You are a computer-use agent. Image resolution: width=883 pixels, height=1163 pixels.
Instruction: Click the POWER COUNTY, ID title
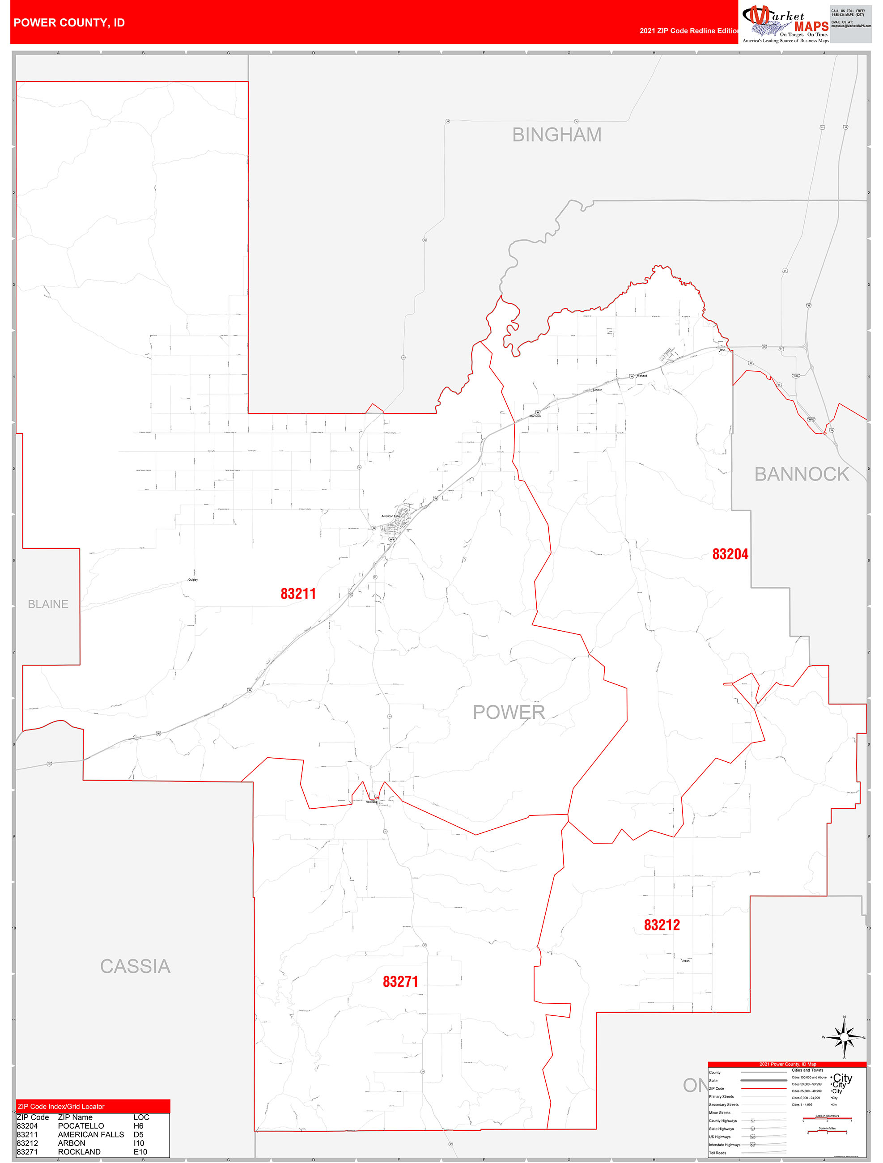tap(69, 23)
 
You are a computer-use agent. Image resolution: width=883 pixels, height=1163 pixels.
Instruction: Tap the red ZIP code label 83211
tap(298, 594)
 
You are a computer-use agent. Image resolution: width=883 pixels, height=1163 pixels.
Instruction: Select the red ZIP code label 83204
tap(730, 554)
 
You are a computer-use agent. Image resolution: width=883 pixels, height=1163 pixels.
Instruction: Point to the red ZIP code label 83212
tap(662, 925)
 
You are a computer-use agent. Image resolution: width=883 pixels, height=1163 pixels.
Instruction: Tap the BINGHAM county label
tap(556, 135)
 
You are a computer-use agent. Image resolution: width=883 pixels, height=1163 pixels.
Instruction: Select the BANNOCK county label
tap(801, 474)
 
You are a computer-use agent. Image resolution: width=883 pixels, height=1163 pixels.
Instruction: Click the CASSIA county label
tap(135, 966)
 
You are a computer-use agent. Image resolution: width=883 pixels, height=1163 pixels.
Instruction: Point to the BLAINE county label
tap(48, 604)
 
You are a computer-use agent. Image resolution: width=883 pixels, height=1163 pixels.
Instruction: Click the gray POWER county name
tap(509, 712)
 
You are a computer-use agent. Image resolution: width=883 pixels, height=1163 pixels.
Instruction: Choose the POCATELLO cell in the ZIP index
tap(81, 1126)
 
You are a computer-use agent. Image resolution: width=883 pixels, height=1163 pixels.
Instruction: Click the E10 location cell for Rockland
tap(140, 1151)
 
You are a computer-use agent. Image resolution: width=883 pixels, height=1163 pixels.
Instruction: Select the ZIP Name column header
tap(75, 1117)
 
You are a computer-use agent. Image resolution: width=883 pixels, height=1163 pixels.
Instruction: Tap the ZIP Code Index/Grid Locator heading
tap(61, 1106)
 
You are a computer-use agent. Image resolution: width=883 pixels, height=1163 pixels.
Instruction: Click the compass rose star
tap(844, 1037)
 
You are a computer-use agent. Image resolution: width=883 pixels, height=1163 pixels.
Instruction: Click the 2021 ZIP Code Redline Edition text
tap(688, 30)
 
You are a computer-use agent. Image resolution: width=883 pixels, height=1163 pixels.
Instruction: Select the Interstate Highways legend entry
tap(724, 1145)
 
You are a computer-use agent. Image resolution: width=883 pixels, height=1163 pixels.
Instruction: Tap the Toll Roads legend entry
tap(717, 1152)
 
